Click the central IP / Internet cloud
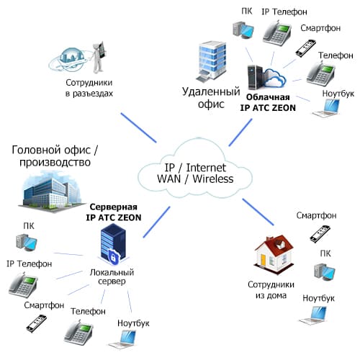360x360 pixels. tap(195, 168)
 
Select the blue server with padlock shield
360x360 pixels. tap(114, 244)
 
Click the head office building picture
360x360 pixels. tap(52, 192)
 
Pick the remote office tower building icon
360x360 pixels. tap(212, 62)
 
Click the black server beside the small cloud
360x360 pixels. tap(256, 77)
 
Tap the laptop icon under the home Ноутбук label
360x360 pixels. tap(313, 315)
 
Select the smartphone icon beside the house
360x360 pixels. tap(320, 234)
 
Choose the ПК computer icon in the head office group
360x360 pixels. tap(27, 242)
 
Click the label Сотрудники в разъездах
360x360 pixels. tap(89, 88)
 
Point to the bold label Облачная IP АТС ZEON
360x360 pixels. tap(268, 102)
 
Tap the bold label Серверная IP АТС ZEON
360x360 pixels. tap(114, 212)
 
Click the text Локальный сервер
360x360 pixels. tap(112, 276)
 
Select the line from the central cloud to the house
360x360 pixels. tap(258, 212)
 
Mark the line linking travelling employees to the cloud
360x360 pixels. tap(139, 127)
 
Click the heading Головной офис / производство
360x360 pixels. tap(55, 156)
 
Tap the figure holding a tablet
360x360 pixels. tap(99, 58)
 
